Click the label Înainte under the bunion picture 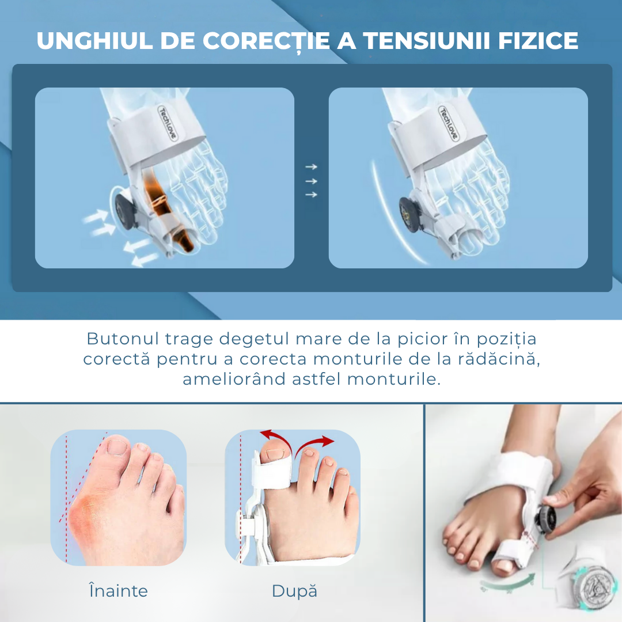click(x=118, y=590)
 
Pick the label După click(x=294, y=591)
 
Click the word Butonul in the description click(x=123, y=339)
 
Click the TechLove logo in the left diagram click(x=168, y=123)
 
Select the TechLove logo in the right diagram click(x=448, y=123)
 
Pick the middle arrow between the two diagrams click(x=312, y=181)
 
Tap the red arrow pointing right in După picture click(x=314, y=443)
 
